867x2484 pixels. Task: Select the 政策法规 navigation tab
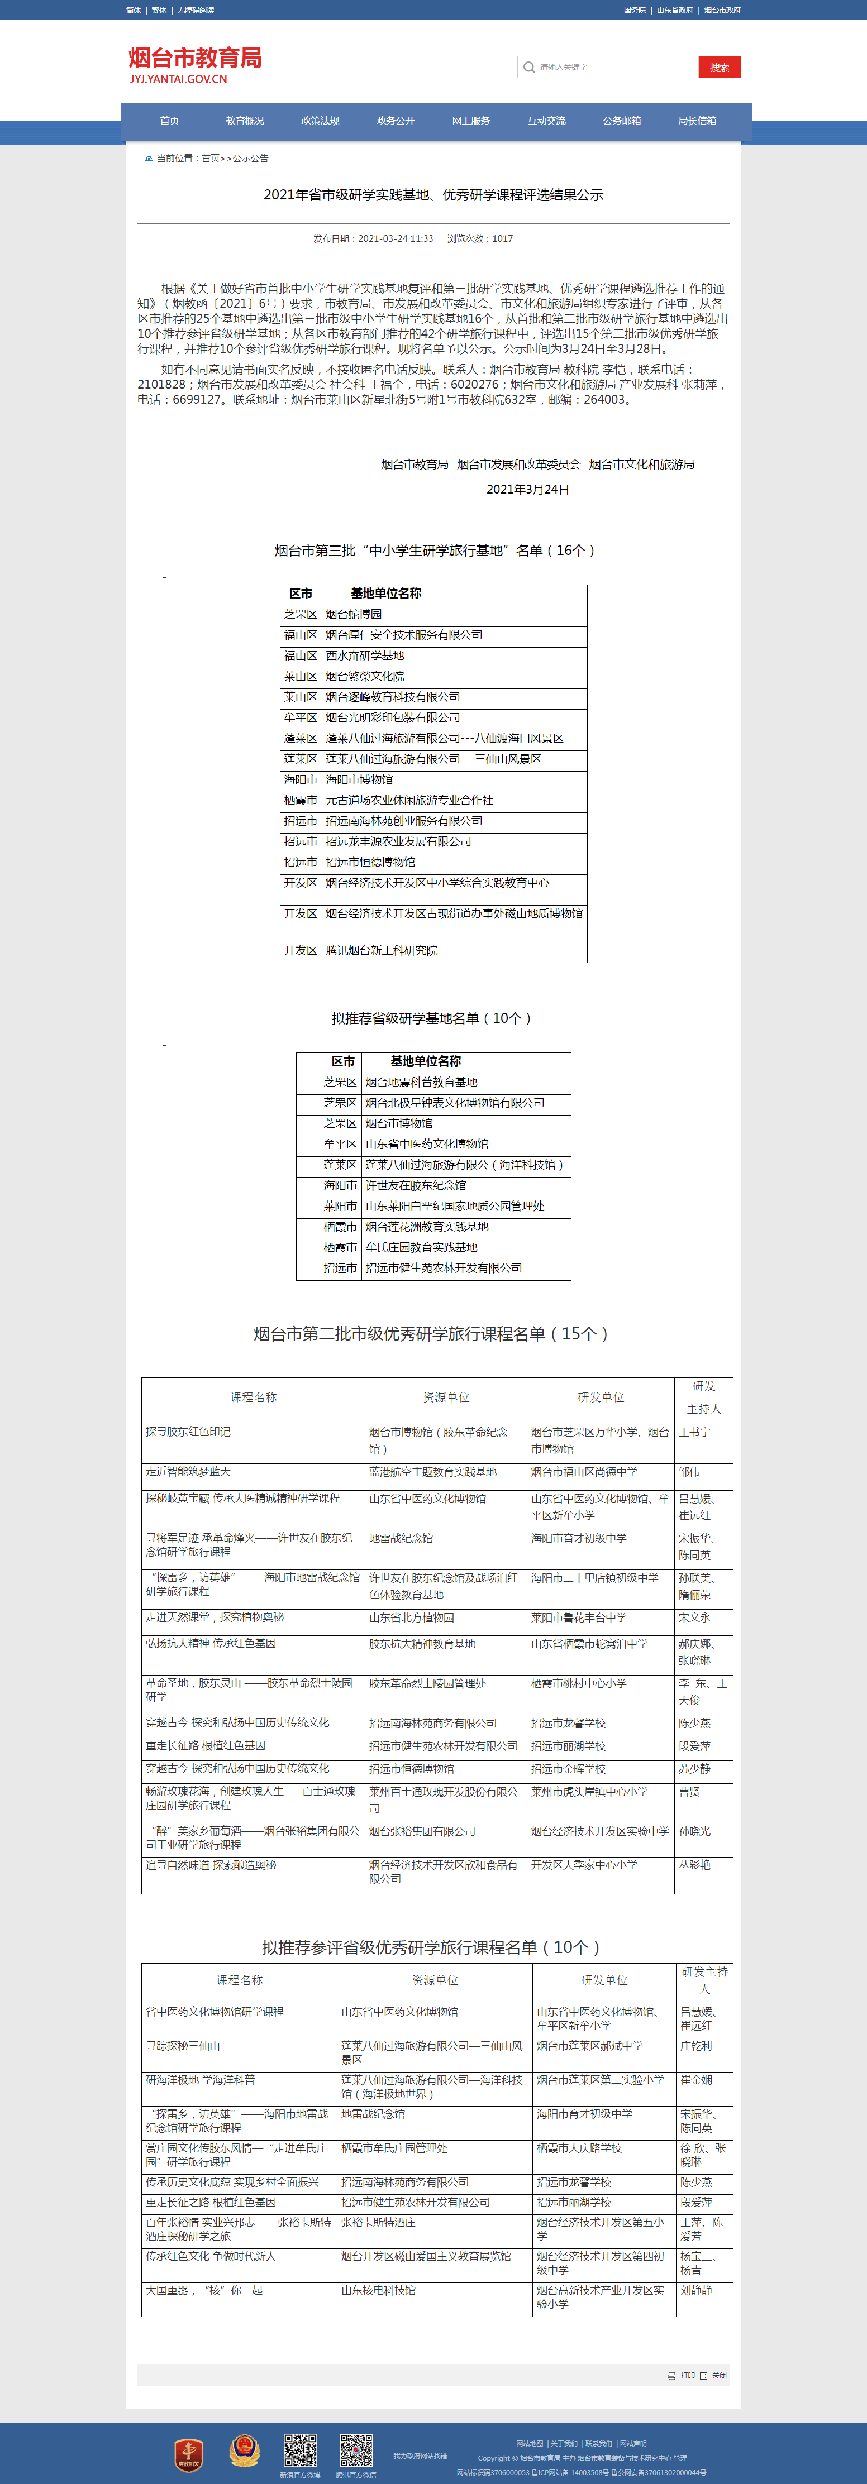coord(320,121)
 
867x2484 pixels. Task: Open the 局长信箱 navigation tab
coord(696,121)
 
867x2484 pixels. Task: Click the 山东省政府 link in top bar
coord(674,9)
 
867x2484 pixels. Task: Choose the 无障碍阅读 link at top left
coord(196,9)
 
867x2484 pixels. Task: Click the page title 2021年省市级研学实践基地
coord(433,195)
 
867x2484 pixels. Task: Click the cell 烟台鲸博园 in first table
coord(354,614)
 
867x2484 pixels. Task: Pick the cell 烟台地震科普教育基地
coord(421,1082)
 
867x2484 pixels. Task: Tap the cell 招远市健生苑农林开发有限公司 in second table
coord(444,1268)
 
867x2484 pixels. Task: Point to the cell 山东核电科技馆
coord(378,2290)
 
